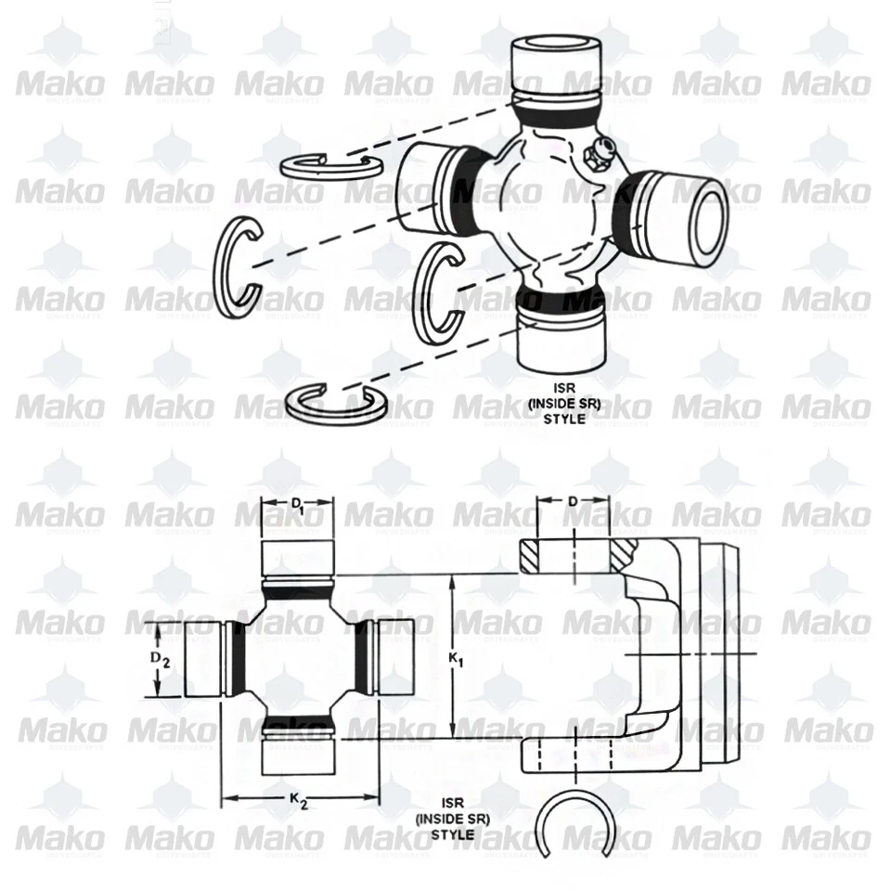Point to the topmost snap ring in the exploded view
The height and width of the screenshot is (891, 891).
(x=330, y=165)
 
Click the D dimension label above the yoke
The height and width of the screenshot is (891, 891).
(x=573, y=502)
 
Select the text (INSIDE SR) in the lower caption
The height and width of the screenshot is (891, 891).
(x=453, y=819)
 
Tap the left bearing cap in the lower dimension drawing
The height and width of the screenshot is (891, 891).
(x=203, y=659)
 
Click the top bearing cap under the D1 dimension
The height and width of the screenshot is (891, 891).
(x=297, y=557)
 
